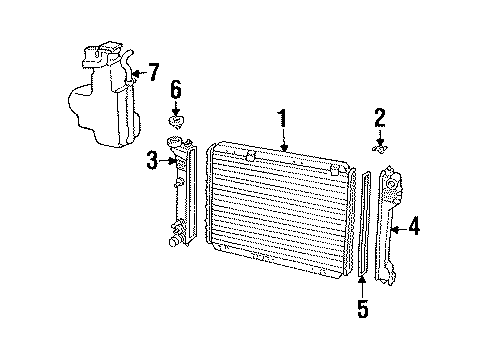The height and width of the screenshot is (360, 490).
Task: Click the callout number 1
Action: (283, 119)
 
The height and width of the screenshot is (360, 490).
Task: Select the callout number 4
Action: (413, 228)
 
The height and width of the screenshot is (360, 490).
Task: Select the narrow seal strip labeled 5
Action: (364, 225)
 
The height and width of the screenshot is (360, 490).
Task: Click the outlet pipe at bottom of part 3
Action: (177, 241)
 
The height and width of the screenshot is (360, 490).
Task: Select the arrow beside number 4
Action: (398, 229)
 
